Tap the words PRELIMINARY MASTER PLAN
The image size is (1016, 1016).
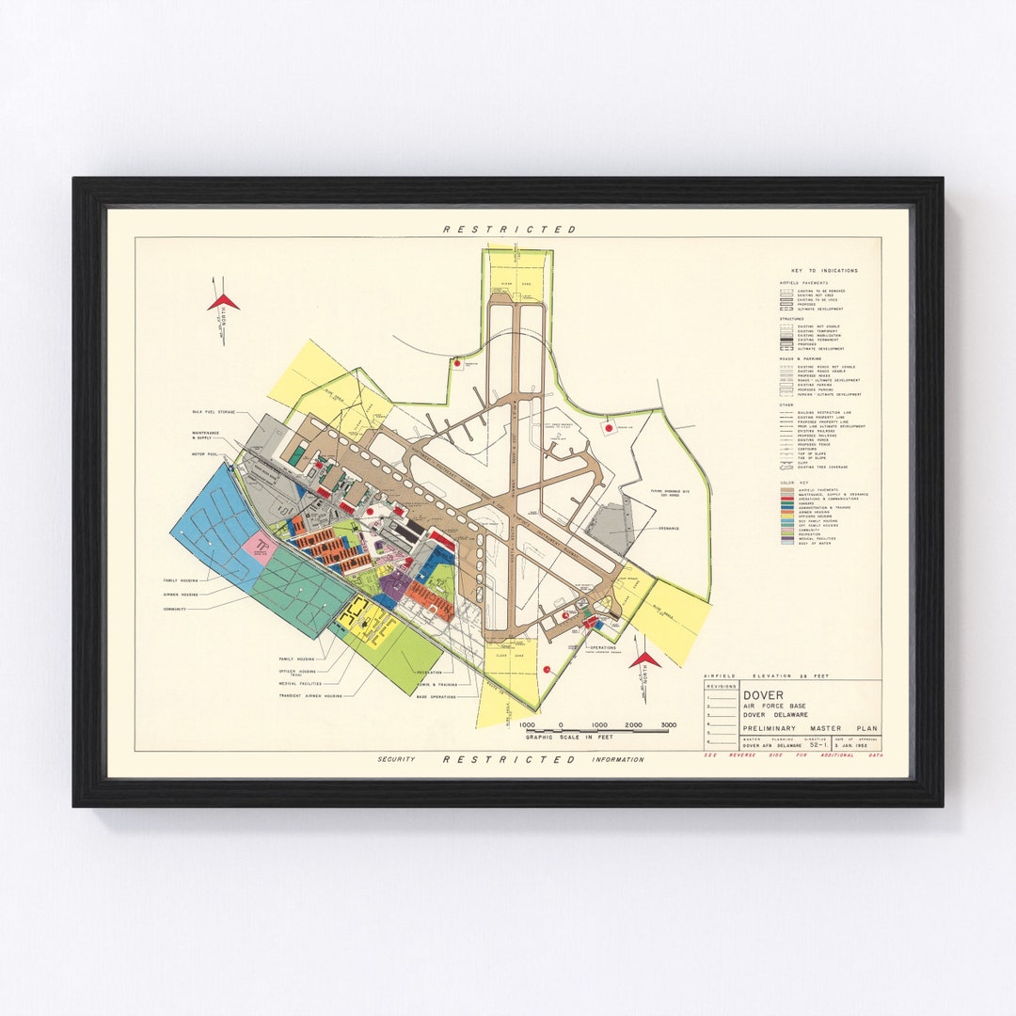810,728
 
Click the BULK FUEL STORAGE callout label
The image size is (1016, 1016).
214,412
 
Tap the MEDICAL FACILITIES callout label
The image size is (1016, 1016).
300,684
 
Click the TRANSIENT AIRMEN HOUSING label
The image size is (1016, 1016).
310,696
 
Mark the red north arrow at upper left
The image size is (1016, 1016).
224,302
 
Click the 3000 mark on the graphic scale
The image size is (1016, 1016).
668,725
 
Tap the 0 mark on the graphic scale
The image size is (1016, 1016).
562,725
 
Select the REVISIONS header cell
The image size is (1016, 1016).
722,687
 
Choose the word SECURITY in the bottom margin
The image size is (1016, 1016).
396,759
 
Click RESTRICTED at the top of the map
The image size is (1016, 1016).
509,229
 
